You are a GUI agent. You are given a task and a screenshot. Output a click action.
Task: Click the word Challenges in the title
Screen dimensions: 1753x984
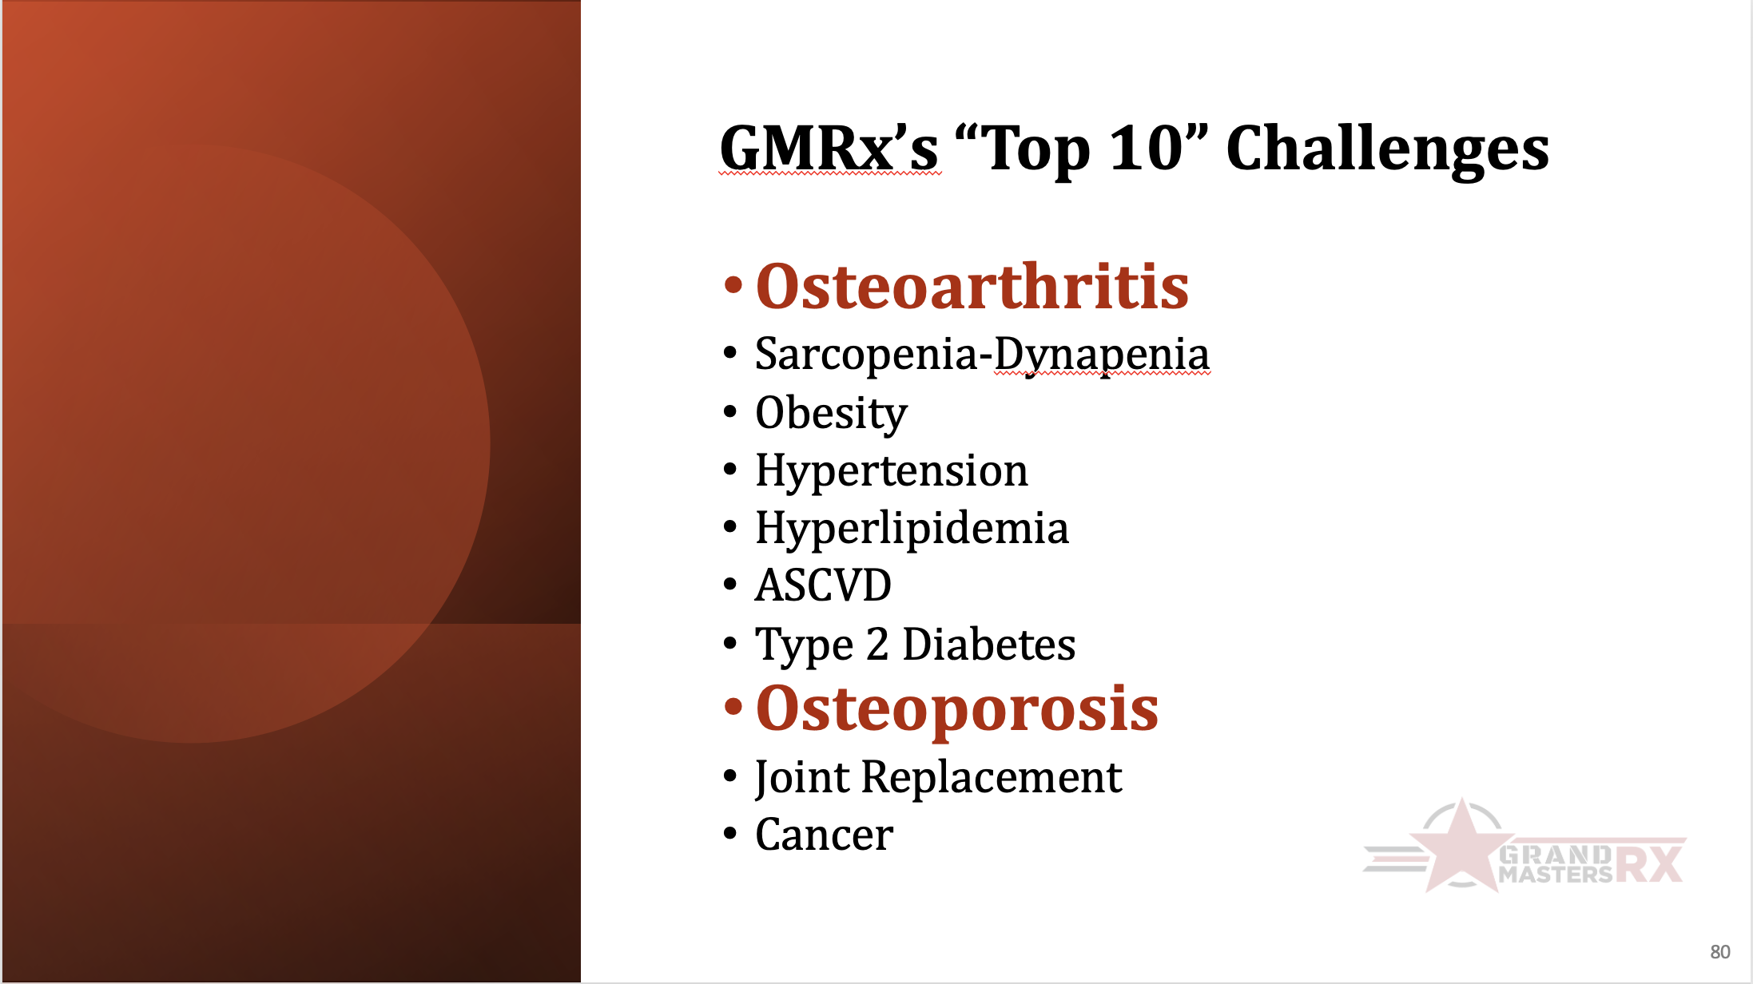coord(1387,150)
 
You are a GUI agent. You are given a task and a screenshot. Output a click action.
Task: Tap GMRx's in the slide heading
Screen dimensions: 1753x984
coord(829,148)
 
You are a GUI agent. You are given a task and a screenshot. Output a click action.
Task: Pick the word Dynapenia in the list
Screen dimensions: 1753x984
coord(1101,355)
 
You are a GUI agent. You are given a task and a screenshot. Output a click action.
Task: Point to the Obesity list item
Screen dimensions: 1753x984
coord(831,414)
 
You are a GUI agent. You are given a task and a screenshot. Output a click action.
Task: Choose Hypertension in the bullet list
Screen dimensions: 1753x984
coord(892,471)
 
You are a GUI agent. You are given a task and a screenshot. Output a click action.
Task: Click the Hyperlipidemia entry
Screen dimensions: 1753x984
coord(912,529)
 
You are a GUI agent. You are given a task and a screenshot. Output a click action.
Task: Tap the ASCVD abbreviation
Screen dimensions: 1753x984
coord(823,585)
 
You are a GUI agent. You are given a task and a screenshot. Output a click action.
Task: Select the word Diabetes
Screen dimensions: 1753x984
coord(988,644)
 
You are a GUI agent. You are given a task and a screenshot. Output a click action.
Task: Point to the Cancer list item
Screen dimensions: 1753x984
coord(824,835)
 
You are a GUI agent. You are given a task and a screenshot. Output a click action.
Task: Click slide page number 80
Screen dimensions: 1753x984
coord(1720,952)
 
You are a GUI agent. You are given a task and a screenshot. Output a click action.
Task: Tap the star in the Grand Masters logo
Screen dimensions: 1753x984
coord(1461,847)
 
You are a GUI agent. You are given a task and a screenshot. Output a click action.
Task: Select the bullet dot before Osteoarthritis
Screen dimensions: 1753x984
coord(733,285)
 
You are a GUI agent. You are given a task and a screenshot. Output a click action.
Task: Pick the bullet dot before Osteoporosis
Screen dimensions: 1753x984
coord(733,707)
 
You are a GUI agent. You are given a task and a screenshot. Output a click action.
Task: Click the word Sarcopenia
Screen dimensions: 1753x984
coord(866,355)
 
